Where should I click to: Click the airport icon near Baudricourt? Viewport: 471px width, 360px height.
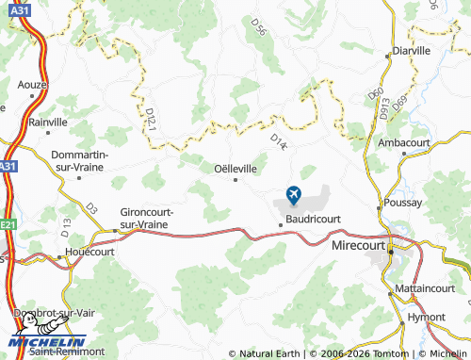(x=292, y=195)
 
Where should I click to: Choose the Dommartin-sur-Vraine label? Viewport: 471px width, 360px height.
(x=80, y=160)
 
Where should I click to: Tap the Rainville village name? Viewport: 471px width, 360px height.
(x=48, y=122)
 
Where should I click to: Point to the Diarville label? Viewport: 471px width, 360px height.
(x=411, y=51)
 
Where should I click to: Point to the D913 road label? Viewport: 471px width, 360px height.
(x=384, y=108)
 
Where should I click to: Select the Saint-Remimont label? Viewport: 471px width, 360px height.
(x=59, y=352)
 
